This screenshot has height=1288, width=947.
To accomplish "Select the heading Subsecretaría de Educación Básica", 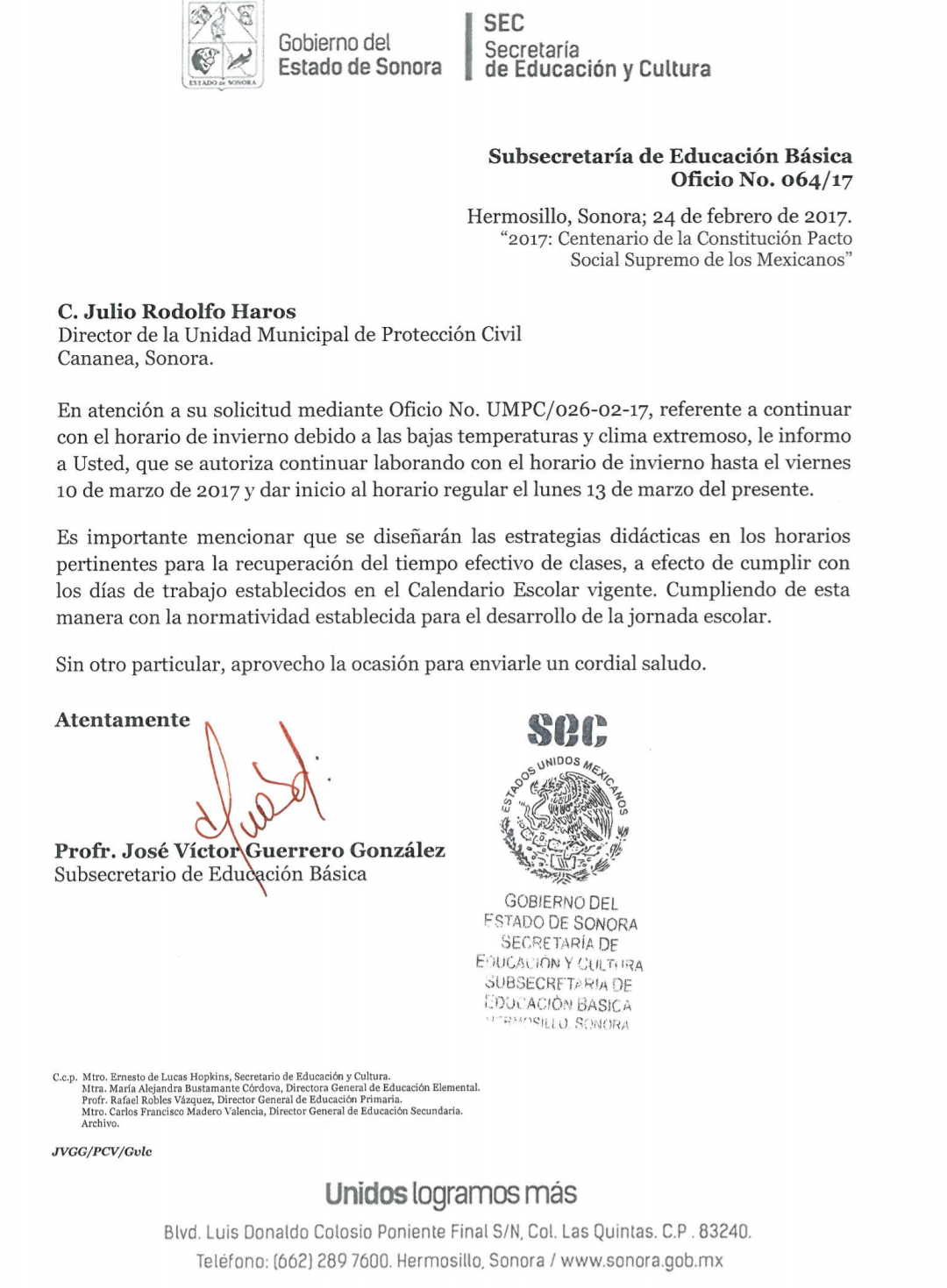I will click(x=670, y=156).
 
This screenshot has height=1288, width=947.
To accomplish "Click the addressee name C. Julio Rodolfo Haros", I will click(x=176, y=311).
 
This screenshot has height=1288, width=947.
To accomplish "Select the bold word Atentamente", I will click(x=123, y=720).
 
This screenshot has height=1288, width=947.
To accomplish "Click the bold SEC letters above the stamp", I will click(x=567, y=729).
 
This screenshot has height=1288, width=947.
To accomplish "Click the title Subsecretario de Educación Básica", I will click(x=210, y=874).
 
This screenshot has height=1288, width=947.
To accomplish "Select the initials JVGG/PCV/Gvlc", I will click(x=102, y=1151).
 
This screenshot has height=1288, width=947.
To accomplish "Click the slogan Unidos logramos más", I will click(x=451, y=1193).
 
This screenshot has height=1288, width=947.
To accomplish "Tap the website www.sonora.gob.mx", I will click(x=643, y=1261).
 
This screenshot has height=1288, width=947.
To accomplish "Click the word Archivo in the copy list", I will click(x=99, y=1123).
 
